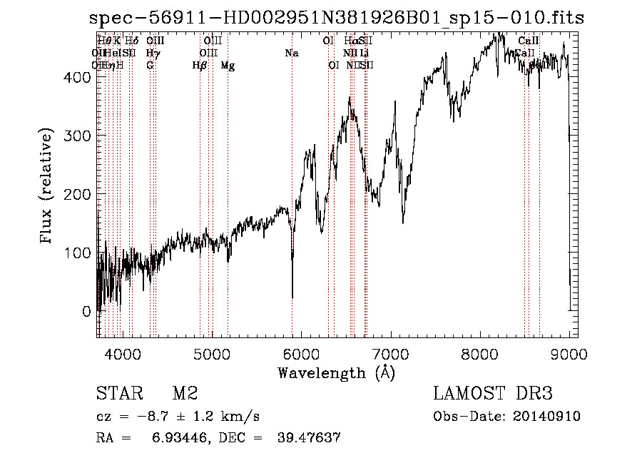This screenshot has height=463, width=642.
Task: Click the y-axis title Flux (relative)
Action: coord(48,187)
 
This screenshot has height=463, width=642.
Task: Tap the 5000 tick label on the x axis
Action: coord(212,353)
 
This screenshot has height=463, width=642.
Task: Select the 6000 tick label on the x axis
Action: coord(301,353)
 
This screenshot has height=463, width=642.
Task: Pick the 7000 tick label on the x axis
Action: coord(391,353)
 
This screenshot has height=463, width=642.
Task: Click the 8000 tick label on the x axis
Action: coord(480,353)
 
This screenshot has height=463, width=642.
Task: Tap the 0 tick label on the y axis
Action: coord(86,312)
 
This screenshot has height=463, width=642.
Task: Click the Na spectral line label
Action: coord(292,53)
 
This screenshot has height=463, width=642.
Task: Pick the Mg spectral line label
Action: coord(228,66)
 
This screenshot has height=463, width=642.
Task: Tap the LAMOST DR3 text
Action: coord(492,394)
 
